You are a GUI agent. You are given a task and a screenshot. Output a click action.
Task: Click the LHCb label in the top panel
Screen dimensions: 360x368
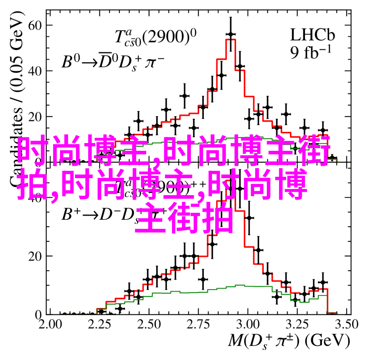tap(312, 35)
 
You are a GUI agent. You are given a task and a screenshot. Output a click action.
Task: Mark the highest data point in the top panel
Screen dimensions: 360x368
tap(231, 34)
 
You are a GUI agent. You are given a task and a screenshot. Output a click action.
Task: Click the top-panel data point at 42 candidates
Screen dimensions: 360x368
tap(241, 66)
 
